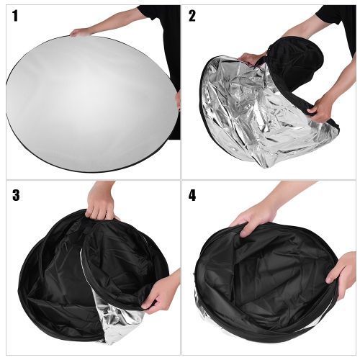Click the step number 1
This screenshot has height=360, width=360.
[15, 16]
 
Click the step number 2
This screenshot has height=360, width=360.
[192, 16]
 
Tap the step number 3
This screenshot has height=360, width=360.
[16, 195]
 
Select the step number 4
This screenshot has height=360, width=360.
[192, 195]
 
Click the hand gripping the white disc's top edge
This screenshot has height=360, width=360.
[80, 32]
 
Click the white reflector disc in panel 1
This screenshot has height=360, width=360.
[92, 103]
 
